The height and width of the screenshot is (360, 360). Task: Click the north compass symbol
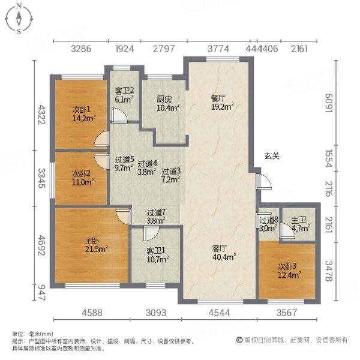19,18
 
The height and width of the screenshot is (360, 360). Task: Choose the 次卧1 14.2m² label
83,113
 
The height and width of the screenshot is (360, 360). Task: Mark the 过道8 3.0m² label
268,224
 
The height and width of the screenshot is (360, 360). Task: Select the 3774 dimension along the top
218,49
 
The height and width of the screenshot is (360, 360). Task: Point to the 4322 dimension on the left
41,115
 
